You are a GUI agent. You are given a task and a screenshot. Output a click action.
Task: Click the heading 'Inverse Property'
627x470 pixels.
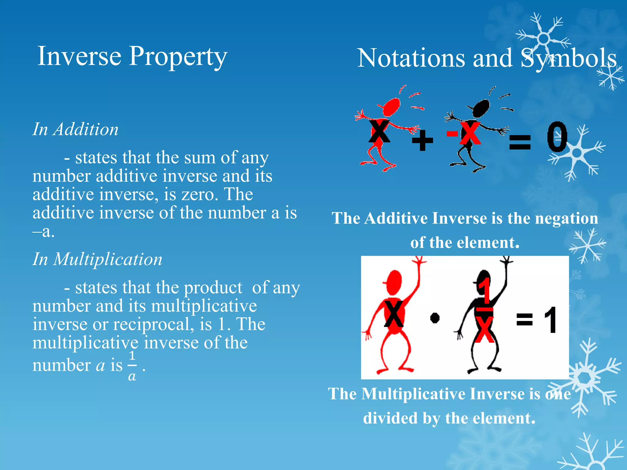click(x=132, y=57)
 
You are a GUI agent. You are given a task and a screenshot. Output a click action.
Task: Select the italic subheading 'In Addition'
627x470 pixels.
click(x=75, y=129)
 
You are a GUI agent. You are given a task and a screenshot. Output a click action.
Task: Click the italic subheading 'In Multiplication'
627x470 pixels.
click(x=97, y=259)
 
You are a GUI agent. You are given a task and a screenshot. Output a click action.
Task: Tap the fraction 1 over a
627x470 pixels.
click(x=132, y=366)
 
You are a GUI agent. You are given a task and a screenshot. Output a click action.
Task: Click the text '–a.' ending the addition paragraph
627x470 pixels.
click(x=43, y=231)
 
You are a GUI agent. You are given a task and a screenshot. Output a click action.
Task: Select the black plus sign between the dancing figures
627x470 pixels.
click(x=422, y=140)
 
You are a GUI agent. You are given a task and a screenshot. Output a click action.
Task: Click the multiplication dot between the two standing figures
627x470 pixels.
click(x=435, y=318)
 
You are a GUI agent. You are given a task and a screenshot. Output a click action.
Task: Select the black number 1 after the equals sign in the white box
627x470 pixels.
click(x=551, y=320)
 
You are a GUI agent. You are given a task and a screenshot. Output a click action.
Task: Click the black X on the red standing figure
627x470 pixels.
click(x=394, y=314)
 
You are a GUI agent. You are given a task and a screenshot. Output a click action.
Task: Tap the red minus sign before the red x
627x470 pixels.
click(x=452, y=133)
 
